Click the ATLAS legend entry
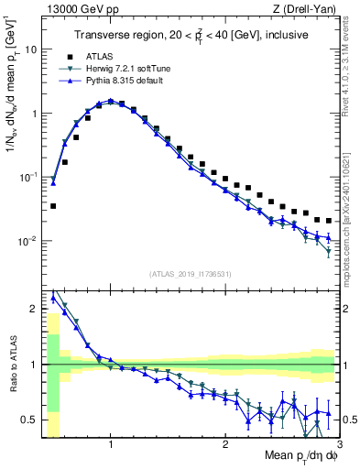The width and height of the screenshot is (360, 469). (100, 56)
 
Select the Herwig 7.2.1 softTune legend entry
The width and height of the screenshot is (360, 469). (125, 69)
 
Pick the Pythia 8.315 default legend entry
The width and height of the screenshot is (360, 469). (122, 82)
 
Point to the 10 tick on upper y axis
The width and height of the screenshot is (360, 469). (29, 49)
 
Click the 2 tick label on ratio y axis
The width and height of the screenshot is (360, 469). (33, 309)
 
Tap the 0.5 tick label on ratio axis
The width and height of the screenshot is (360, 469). (29, 420)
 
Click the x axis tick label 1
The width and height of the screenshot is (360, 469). (111, 446)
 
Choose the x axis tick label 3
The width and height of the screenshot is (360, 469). (338, 446)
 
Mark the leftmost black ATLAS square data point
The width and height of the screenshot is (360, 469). (53, 206)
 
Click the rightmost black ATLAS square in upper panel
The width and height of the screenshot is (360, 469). (328, 221)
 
